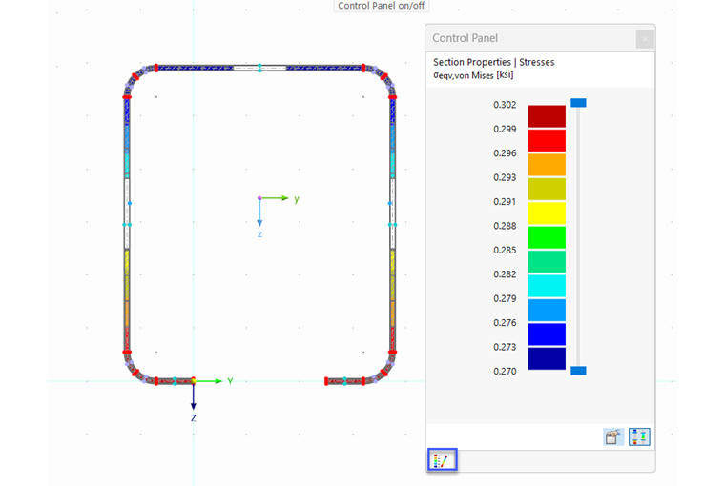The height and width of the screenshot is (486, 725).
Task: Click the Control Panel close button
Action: [645, 39]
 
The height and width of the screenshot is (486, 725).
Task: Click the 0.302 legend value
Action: [505, 105]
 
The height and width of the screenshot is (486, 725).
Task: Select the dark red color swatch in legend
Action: [547, 116]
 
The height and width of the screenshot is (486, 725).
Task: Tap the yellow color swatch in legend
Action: [547, 213]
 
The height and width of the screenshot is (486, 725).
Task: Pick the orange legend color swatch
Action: [547, 165]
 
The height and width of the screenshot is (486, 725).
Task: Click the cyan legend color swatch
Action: [547, 286]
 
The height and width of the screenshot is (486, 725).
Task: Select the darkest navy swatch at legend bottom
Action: [547, 358]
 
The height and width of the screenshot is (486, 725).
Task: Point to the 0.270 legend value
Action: [505, 372]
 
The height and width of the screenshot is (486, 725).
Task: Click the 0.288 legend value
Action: [505, 226]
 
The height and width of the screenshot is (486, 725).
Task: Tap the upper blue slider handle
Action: [578, 103]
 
